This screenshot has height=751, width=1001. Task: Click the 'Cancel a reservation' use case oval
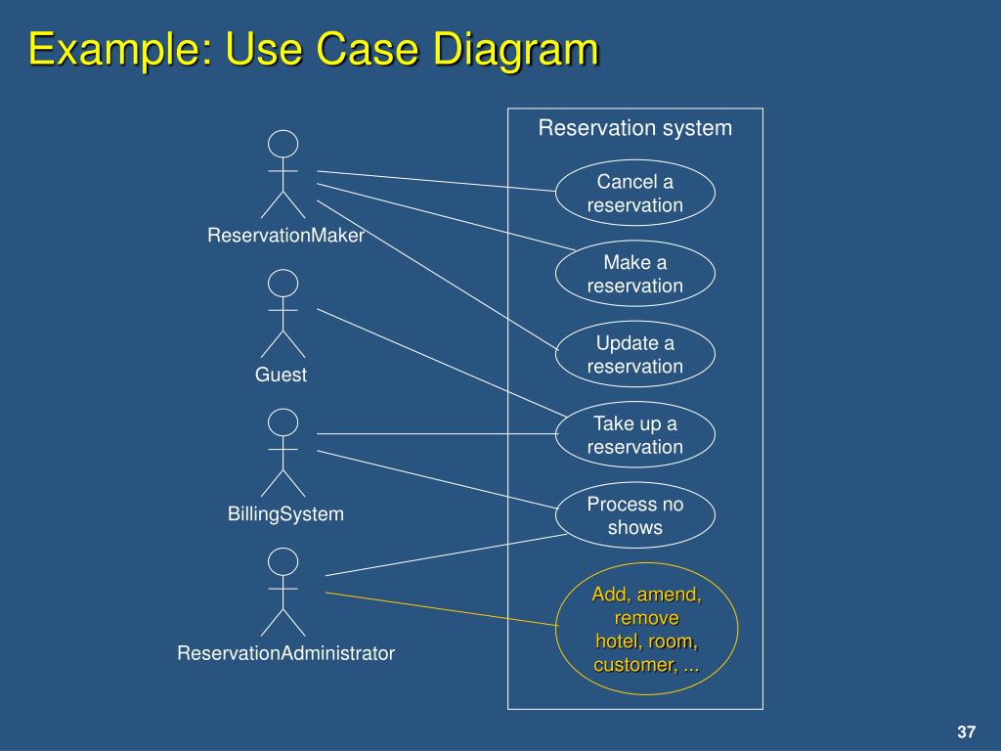point(635,193)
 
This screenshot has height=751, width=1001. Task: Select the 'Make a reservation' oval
point(635,274)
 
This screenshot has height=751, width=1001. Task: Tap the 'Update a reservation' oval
point(635,354)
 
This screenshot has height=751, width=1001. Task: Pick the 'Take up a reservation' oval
point(635,434)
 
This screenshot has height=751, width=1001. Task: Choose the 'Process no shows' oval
point(635,514)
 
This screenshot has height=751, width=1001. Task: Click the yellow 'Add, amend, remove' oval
point(647,629)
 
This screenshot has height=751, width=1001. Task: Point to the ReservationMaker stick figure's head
point(283,144)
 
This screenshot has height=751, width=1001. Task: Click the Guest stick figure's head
point(283,283)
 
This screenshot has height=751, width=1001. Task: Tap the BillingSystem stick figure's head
point(283,422)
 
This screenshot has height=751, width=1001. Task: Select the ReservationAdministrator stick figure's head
point(283,561)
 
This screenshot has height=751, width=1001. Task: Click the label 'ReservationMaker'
point(286,236)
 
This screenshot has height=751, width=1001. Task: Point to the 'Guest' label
point(281,375)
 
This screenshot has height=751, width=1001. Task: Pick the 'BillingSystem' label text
point(286,514)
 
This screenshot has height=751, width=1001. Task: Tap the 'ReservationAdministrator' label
point(286,653)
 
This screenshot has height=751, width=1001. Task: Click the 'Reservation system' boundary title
point(635,128)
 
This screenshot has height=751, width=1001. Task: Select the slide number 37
point(967,731)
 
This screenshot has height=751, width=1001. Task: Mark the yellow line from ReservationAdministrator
point(442,609)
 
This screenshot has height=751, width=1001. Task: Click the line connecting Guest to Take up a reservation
point(442,363)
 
